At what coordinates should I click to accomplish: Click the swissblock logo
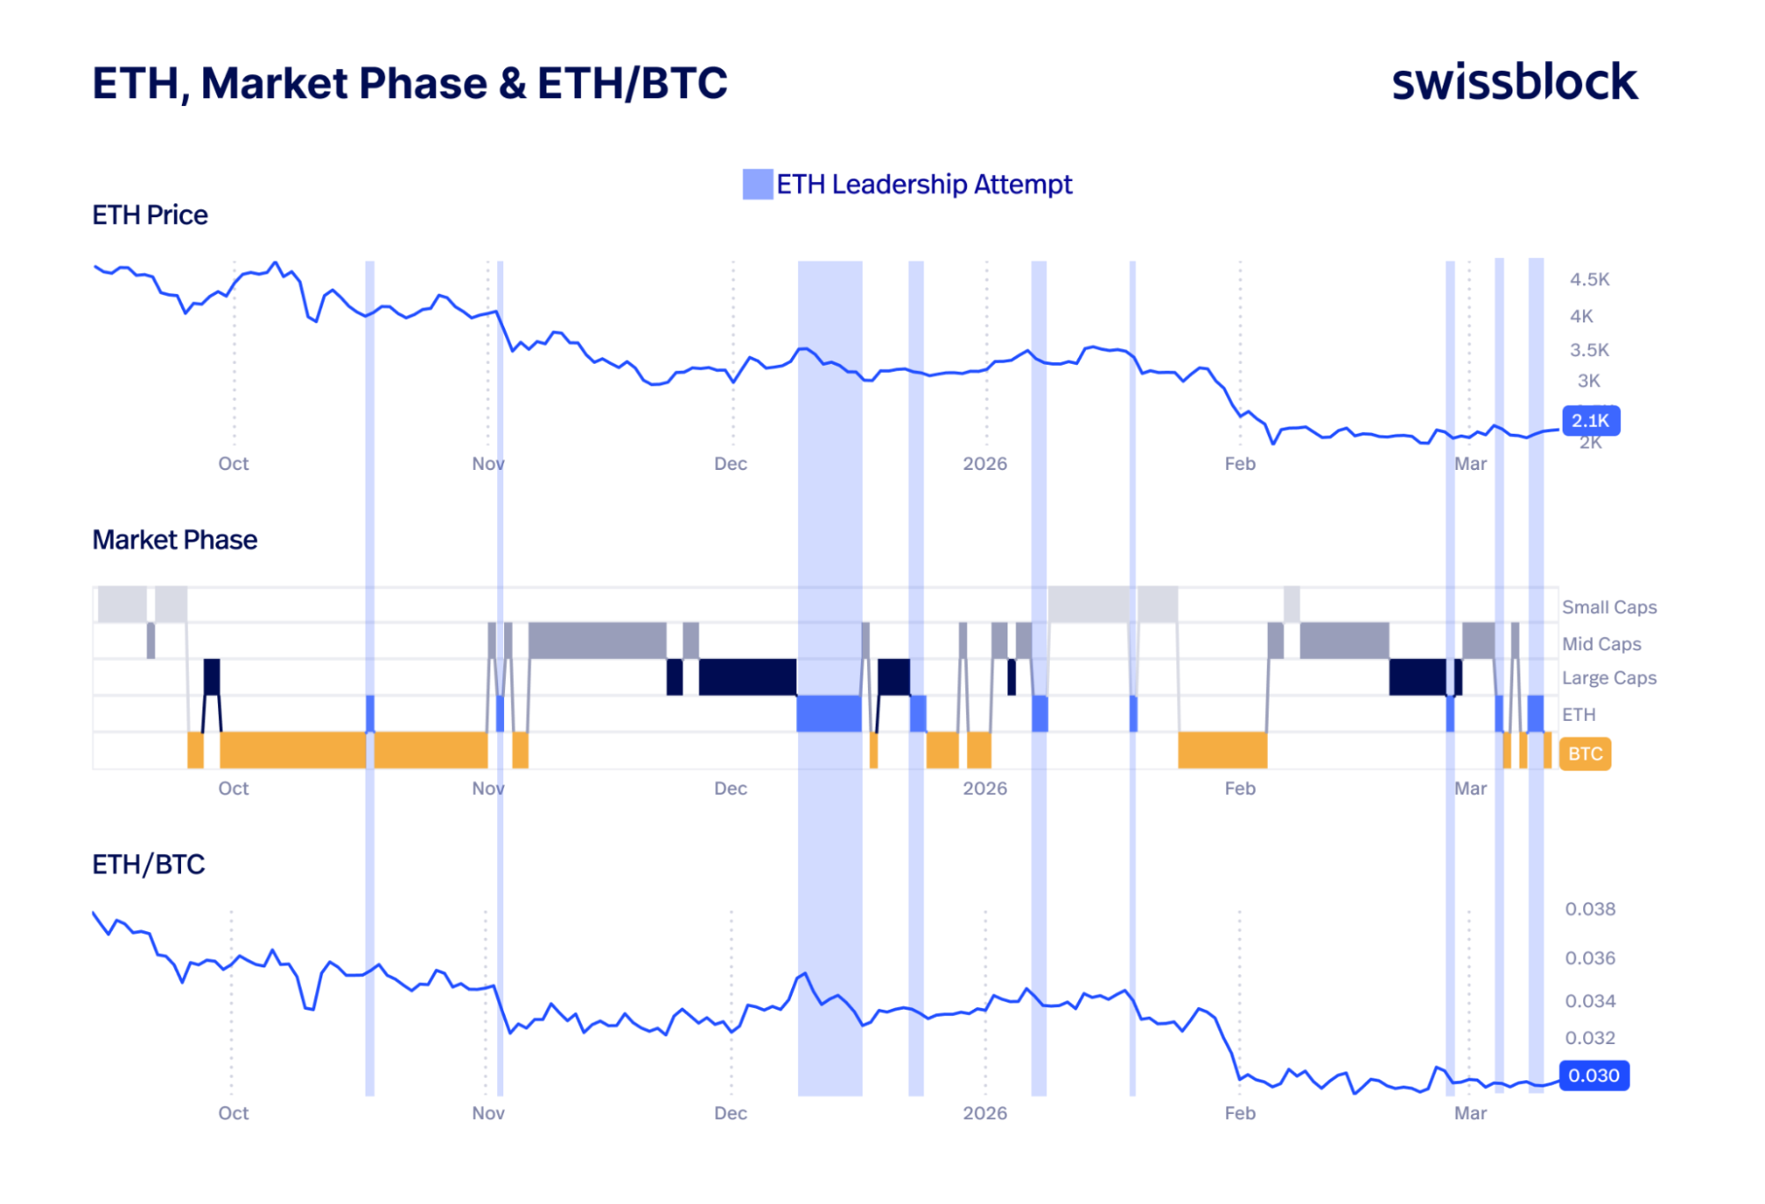point(1513,82)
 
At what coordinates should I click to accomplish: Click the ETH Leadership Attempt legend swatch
point(757,185)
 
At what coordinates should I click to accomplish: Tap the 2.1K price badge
point(1590,420)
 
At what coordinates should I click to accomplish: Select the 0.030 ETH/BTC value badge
point(1594,1075)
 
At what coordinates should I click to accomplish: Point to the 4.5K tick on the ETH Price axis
point(1589,280)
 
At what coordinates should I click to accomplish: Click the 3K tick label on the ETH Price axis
point(1588,381)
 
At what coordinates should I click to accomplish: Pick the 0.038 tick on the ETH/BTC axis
point(1589,909)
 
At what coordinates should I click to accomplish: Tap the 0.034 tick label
point(1589,1001)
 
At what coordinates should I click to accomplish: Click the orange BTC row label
point(1585,753)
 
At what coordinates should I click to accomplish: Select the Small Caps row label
point(1609,607)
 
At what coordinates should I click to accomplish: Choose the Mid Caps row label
point(1601,644)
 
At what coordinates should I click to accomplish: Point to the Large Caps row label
point(1609,678)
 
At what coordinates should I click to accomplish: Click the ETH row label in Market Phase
point(1578,715)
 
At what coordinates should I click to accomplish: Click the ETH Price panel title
point(150,215)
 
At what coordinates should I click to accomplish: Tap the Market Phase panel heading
point(175,540)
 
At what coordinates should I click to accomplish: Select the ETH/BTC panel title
point(148,864)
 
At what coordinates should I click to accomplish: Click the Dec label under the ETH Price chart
point(730,464)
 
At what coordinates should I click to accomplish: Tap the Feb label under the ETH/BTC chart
point(1240,1113)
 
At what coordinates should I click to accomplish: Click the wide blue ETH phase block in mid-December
point(828,714)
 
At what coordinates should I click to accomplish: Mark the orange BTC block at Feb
point(1222,750)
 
